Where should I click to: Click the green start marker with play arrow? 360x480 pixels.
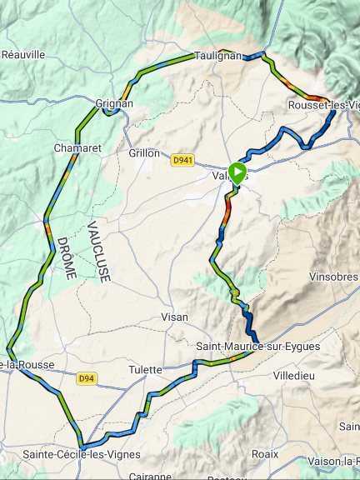click(x=237, y=173)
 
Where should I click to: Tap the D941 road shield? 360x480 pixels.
click(x=182, y=159)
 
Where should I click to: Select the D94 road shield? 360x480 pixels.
click(x=86, y=378)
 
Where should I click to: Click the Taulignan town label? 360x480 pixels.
click(x=217, y=56)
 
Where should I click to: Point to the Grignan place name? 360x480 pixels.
click(x=116, y=104)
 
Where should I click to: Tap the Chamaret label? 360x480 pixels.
click(x=77, y=147)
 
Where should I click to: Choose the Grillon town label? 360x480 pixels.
click(x=144, y=153)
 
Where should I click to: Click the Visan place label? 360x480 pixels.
click(x=174, y=317)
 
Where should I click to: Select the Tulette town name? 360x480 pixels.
click(x=145, y=369)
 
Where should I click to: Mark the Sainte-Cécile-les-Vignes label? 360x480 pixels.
click(x=82, y=454)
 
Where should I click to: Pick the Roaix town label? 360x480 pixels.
click(x=264, y=454)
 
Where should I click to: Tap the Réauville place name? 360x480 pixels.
click(x=22, y=54)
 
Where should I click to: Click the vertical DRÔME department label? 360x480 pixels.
click(x=62, y=257)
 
